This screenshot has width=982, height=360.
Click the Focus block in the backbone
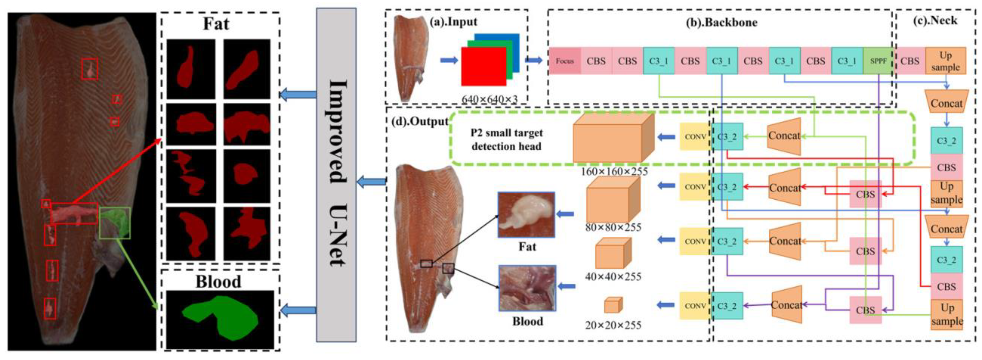[564, 61]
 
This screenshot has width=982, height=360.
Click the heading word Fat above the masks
[216, 24]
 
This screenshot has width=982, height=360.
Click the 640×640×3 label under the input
[489, 99]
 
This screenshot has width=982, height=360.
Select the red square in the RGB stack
[483, 66]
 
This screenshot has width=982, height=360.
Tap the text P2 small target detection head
[506, 139]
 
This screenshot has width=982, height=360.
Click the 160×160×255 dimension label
[614, 172]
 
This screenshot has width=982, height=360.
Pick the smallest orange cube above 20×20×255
[613, 305]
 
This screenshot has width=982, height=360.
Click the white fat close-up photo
[526, 215]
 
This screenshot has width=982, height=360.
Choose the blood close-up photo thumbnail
[527, 288]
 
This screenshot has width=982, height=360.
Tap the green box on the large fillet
[115, 223]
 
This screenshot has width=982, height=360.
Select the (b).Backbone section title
[721, 22]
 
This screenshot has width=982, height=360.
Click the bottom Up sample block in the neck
[947, 314]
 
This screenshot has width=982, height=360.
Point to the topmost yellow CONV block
[695, 136]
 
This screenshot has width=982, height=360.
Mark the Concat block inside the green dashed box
[784, 136]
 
